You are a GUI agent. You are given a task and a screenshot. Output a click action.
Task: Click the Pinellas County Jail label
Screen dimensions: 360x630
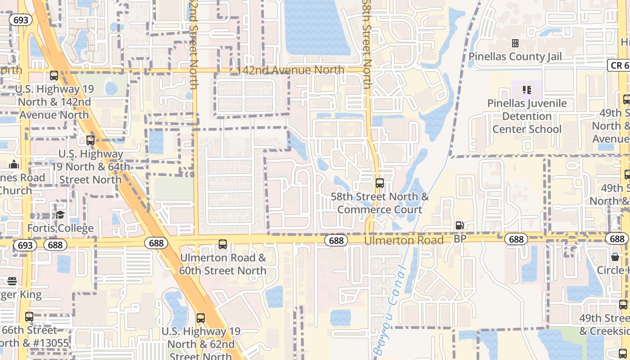click(x=515, y=56)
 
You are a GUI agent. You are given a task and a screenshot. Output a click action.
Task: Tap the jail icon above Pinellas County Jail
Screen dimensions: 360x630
click(x=515, y=43)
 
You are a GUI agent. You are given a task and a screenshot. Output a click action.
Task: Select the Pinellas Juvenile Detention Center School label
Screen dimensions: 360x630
click(x=527, y=116)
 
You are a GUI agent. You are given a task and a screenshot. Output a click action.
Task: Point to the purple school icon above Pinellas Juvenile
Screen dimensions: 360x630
click(x=527, y=90)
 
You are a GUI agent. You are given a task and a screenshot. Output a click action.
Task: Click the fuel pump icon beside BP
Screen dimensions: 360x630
click(x=459, y=225)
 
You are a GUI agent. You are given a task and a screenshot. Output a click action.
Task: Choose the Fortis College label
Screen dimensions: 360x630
click(x=60, y=228)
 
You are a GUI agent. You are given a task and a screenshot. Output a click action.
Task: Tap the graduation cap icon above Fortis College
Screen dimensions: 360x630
click(x=60, y=215)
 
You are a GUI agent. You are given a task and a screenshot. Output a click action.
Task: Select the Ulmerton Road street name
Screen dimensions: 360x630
click(x=404, y=240)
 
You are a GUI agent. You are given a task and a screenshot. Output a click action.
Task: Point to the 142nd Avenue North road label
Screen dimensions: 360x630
click(x=290, y=70)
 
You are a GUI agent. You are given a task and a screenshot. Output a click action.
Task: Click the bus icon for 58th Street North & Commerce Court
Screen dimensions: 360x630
click(x=380, y=183)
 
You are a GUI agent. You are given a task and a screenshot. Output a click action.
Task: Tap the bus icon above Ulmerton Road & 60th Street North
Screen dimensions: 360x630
click(x=222, y=244)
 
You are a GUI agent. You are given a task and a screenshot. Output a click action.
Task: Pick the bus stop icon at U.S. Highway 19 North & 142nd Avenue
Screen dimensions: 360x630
click(x=54, y=76)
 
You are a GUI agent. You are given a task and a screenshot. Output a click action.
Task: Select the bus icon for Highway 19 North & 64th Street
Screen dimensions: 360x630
click(x=90, y=140)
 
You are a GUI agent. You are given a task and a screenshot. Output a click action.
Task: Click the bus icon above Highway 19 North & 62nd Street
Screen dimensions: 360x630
click(x=201, y=318)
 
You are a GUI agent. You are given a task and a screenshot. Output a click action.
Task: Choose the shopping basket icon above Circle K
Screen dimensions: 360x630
click(x=615, y=257)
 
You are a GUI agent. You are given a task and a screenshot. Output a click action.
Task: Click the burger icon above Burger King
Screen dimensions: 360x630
click(x=12, y=281)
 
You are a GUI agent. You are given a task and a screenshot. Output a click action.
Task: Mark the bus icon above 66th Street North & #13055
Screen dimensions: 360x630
click(x=29, y=316)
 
